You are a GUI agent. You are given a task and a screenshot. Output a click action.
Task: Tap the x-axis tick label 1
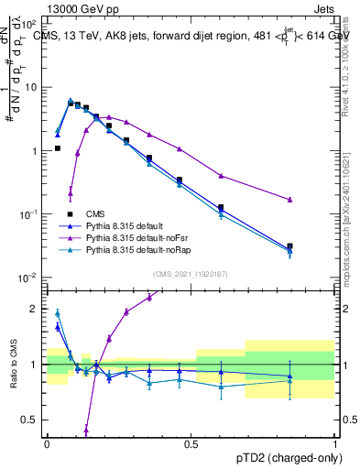(x=334, y=442)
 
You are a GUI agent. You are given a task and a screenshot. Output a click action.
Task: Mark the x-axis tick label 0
(x=46, y=442)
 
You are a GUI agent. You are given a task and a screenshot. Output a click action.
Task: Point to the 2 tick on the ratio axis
(x=35, y=309)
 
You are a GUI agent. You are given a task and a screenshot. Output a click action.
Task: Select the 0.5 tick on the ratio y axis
(x=31, y=420)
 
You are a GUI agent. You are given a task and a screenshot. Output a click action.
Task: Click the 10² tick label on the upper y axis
(x=29, y=24)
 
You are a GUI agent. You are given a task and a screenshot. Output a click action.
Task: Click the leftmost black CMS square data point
(x=58, y=147)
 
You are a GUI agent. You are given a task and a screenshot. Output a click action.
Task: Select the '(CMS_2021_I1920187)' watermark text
(x=190, y=272)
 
